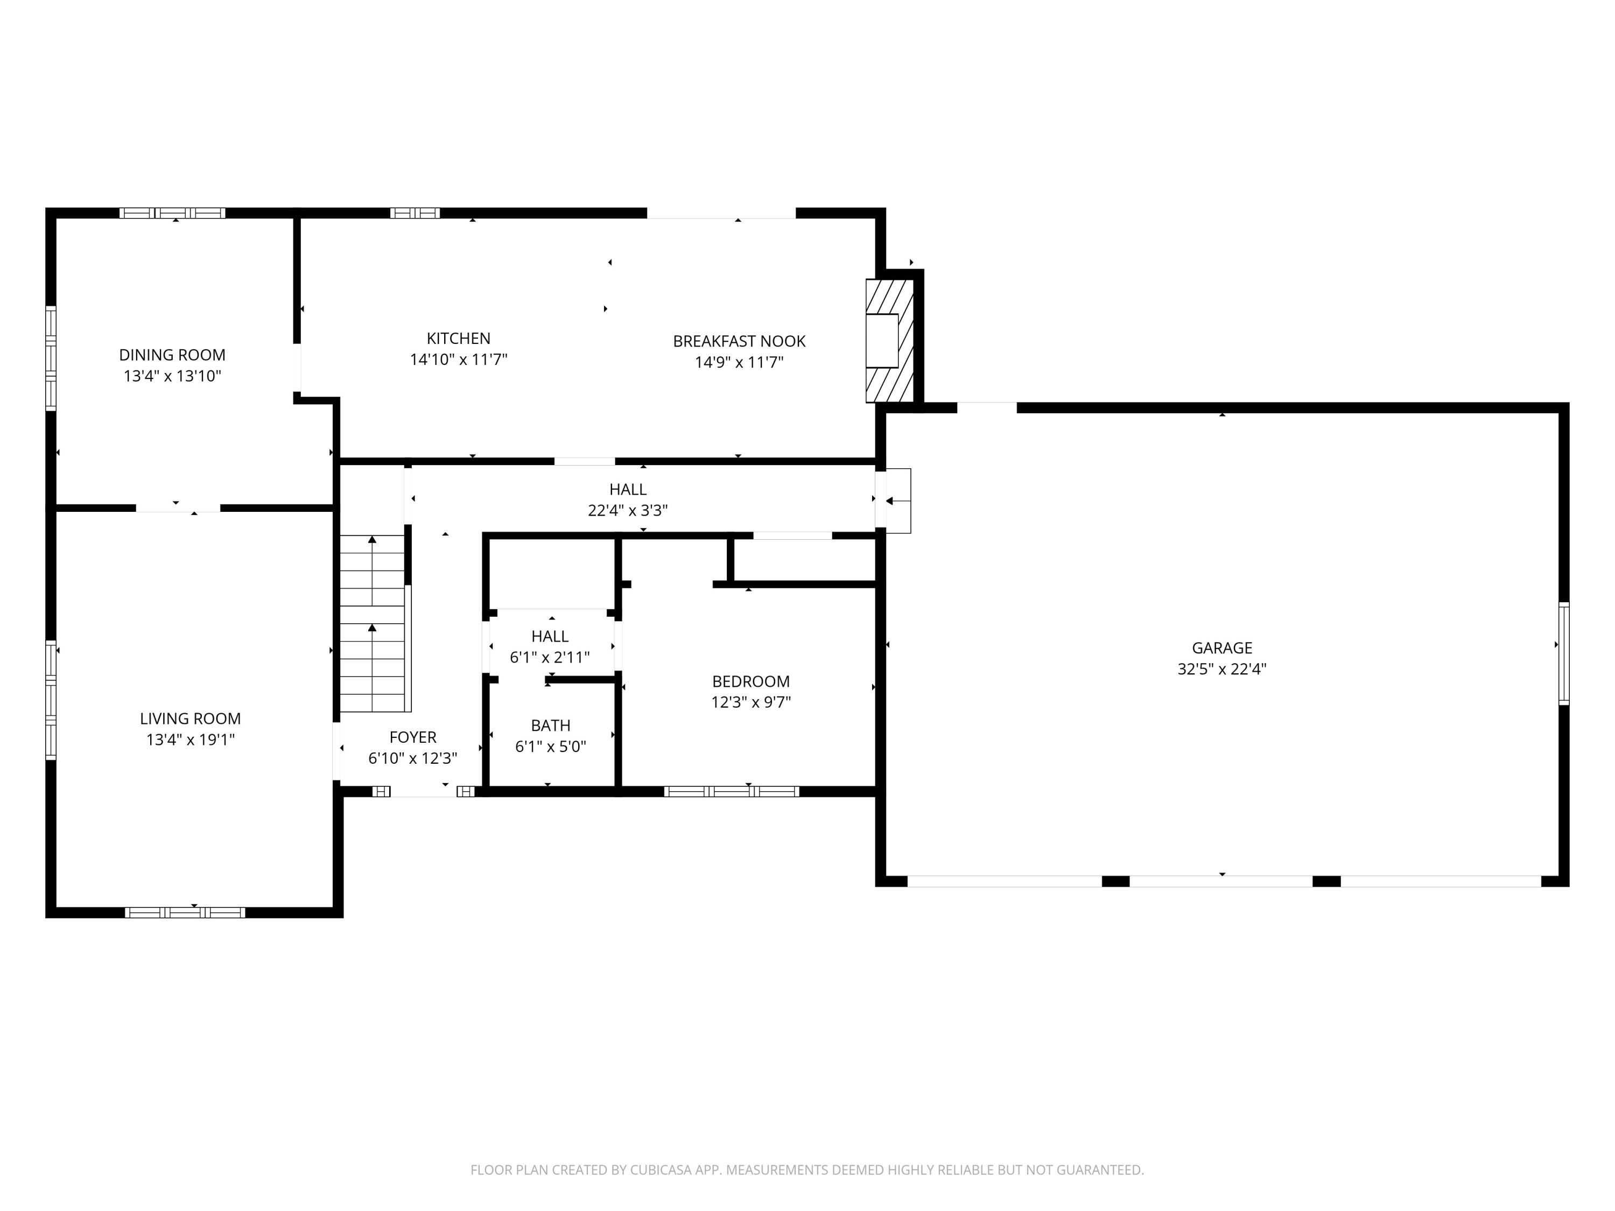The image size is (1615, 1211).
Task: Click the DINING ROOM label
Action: [x=172, y=355]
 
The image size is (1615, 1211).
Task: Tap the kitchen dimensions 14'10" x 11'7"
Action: [x=459, y=359]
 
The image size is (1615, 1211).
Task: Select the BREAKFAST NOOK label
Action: [x=739, y=341]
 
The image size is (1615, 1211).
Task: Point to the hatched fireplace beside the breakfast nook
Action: [x=889, y=341]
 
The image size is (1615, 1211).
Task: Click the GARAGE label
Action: [x=1221, y=647]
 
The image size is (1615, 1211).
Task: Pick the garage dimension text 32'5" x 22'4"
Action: [x=1221, y=668]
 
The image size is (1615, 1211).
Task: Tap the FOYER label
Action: [x=412, y=737]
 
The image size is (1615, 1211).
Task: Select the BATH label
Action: [x=551, y=726]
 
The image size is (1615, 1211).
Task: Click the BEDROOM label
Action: [x=750, y=681]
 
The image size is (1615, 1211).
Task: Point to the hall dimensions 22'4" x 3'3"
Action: [x=628, y=510]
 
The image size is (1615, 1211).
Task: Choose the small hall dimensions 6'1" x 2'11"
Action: [x=550, y=657]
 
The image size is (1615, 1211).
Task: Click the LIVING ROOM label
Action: [x=191, y=719]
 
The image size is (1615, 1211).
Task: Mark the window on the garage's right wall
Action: [x=1564, y=653]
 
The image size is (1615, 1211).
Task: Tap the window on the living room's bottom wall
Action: [x=185, y=912]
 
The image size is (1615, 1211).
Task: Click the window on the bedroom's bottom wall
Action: [x=732, y=791]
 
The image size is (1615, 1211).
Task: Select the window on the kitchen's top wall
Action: [x=415, y=213]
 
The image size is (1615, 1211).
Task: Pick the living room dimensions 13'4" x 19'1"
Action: [x=191, y=740]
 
